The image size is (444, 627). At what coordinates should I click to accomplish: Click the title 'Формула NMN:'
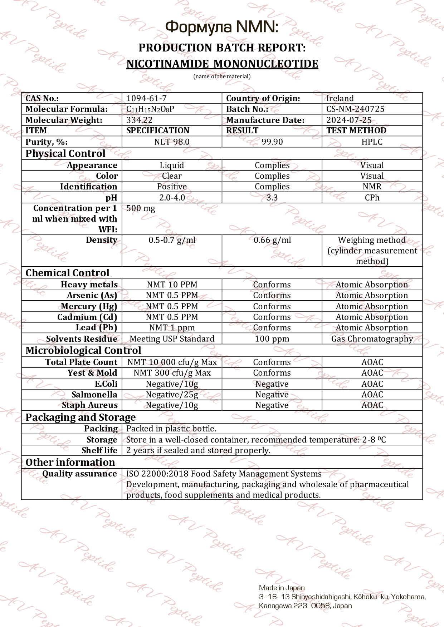[222, 27]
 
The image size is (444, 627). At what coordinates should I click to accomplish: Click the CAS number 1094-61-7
[146, 98]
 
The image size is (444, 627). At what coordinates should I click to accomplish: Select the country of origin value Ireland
[340, 98]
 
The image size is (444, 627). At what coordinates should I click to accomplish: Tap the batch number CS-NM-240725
[355, 109]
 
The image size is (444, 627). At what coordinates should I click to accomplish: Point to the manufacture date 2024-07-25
[348, 120]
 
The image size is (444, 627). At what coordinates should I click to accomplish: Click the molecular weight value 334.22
[139, 120]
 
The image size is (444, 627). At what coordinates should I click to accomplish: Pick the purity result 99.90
[272, 142]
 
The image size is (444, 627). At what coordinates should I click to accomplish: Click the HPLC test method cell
[372, 142]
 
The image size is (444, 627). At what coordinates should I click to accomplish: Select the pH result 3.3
[272, 198]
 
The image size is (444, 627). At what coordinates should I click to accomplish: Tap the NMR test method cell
[372, 187]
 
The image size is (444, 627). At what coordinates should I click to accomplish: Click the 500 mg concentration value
[141, 208]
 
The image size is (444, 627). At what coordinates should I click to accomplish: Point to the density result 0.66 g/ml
[272, 240]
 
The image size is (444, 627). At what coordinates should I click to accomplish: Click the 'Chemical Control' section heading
[67, 273]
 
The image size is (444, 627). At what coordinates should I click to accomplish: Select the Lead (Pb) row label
[96, 328]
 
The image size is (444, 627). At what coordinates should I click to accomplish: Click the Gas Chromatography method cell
[372, 339]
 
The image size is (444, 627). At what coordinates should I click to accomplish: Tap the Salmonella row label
[94, 395]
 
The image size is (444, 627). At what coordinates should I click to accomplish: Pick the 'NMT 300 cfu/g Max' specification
[172, 373]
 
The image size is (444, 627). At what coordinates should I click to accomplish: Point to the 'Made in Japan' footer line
[282, 588]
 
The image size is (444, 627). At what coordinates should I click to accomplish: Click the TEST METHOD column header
[356, 131]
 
